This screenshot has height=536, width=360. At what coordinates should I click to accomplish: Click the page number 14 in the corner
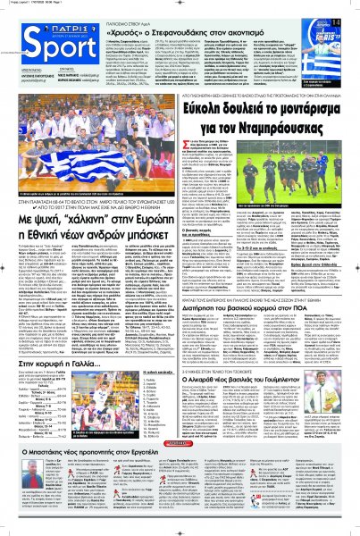(x=349, y=21)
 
